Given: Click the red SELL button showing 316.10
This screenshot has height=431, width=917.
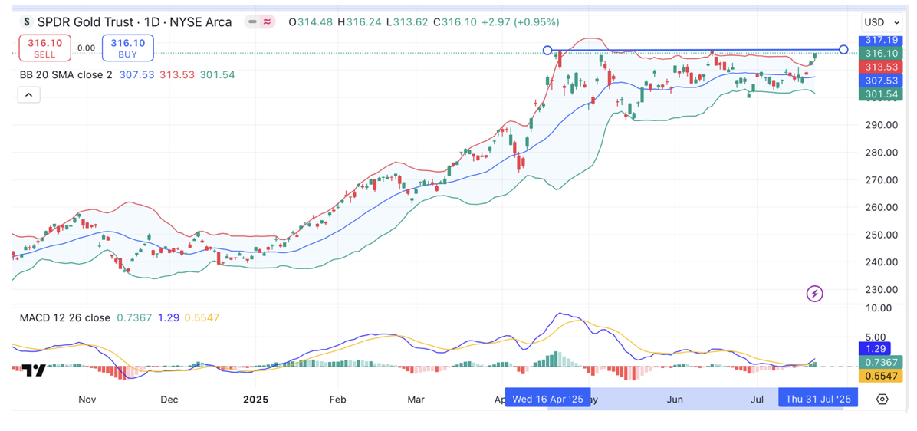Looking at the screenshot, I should coord(44,48).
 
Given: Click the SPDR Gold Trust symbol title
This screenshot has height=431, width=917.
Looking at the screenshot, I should coord(135,22).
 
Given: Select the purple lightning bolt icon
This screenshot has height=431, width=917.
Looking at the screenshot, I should coord(815,294).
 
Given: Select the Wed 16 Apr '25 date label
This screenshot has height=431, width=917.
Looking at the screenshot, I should coord(547,399).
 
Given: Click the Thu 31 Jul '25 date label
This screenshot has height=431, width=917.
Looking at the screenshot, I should coord(817,399).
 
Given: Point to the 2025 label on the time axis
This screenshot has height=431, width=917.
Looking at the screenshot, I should coord(255,400).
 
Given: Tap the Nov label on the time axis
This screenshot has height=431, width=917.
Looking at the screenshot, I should coord(87,400).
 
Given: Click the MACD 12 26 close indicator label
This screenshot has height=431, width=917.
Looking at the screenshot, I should coord(65,317).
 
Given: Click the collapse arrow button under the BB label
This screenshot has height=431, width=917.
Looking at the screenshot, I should coord(28,95).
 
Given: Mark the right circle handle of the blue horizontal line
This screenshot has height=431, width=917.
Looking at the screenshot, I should coord(843,50).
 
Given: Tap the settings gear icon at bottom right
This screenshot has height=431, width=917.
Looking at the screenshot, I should coord(882,399).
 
